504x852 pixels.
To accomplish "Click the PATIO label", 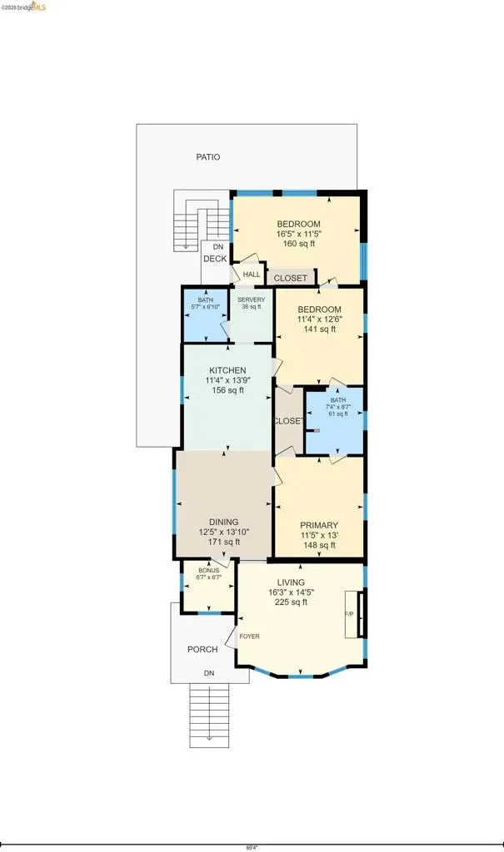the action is tap(208, 157).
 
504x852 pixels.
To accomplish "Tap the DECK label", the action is tap(215, 259).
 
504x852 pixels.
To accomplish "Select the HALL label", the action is tap(252, 275).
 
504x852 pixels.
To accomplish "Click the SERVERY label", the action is tap(252, 300).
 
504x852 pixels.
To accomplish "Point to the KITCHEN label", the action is tap(227, 370).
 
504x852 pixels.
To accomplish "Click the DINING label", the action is tap(224, 522).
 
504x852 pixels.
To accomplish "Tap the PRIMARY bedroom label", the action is tap(319, 526).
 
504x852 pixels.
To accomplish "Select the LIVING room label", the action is tap(291, 582).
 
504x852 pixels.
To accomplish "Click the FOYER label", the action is tap(249, 637).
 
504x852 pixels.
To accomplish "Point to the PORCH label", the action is tap(202, 649).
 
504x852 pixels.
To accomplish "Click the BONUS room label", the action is tap(209, 571).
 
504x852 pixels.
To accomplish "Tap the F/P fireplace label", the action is tap(349, 614).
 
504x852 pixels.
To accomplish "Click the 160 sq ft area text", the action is tap(299, 244).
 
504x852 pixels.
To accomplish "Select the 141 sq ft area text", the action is tap(320, 329).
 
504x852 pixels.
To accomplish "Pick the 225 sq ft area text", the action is tap(292, 602).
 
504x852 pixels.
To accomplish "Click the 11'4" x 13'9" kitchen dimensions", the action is tap(227, 380).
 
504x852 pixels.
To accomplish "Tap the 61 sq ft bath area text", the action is tap(338, 414).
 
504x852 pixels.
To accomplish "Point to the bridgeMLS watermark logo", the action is tap(23, 6).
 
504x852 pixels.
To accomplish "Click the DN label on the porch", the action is tap(209, 673).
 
